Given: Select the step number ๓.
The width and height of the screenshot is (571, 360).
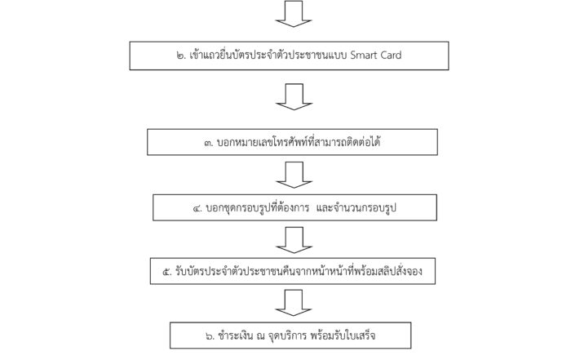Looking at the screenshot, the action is point(209,143).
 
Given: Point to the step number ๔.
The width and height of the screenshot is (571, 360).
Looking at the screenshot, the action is point(197,209).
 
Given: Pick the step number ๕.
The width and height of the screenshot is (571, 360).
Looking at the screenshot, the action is point(167,272).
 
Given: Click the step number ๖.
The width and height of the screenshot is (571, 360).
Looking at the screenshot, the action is point(210,336).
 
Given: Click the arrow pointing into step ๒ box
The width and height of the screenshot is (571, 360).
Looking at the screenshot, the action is point(294,14).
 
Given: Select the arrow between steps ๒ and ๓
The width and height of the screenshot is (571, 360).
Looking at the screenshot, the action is point(294,97).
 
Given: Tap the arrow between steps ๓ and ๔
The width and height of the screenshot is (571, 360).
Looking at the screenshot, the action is point(294,176).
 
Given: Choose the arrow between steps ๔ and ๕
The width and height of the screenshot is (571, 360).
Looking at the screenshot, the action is point(294,240).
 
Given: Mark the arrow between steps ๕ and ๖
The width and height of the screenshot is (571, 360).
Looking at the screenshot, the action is point(294,303).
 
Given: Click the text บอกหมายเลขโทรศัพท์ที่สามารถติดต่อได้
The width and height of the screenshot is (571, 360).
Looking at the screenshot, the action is point(299,141).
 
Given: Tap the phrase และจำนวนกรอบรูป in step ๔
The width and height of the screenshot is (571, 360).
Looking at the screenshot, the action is point(356,208).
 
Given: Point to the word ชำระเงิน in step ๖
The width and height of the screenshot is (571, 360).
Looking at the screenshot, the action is point(236,335).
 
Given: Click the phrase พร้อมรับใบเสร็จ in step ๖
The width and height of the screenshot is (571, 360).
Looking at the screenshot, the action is point(343,335).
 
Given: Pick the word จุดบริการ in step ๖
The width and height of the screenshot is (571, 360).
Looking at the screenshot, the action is point(287,336).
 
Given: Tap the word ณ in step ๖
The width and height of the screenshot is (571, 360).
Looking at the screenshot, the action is point(260,336).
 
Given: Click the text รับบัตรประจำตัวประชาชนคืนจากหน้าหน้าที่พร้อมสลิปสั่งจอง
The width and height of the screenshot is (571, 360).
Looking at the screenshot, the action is point(299,271).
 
